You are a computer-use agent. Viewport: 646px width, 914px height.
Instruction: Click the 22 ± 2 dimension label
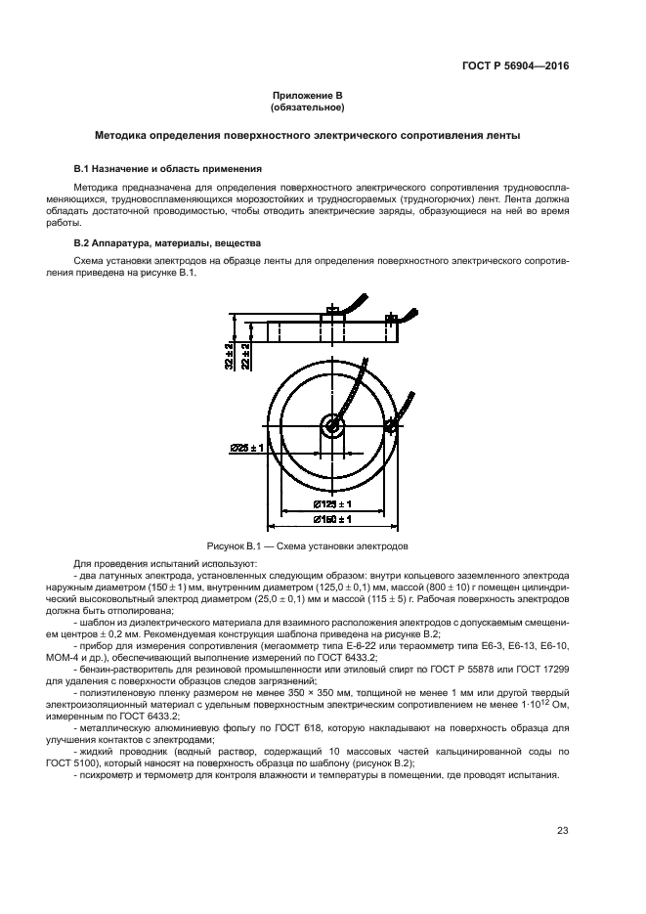(x=246, y=356)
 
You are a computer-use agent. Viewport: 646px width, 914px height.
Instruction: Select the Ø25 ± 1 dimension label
(x=248, y=448)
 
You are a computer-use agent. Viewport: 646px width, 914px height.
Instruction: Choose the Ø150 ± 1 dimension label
(x=333, y=520)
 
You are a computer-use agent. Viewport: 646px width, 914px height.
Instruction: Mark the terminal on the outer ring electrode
(x=393, y=425)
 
